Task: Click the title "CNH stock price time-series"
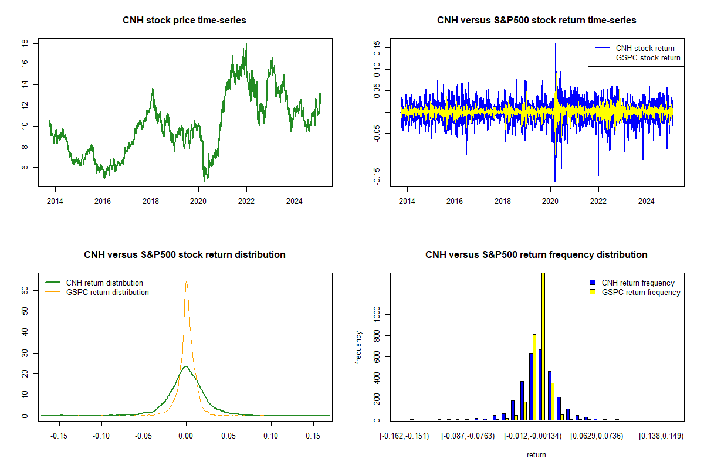[x=184, y=21]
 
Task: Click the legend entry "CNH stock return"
[x=645, y=48]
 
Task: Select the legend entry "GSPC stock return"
[x=648, y=57]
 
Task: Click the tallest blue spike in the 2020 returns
[x=555, y=45]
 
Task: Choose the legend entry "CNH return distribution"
[x=104, y=283]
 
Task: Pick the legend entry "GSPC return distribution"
[x=107, y=292]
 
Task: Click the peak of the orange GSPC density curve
[x=187, y=281]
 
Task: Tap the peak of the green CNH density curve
[x=186, y=366]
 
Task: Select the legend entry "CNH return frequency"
[x=638, y=283]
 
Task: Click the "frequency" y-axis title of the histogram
[x=358, y=347]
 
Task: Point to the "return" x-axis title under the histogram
[x=536, y=454]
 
